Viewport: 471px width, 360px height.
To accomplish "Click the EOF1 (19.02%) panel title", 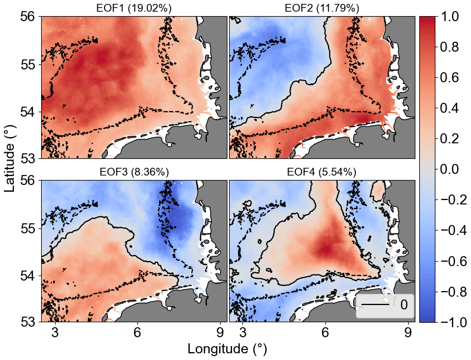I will [135, 8].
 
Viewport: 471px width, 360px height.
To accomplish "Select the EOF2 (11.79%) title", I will [322, 8].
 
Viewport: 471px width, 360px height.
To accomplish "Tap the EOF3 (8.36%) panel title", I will [135, 172].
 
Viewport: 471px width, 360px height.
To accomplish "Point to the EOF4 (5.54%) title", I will [322, 172].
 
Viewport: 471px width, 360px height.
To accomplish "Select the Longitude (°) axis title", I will [227, 349].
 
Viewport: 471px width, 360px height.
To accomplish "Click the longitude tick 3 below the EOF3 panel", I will [56, 333].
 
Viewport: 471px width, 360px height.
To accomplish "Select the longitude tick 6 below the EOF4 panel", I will [325, 333].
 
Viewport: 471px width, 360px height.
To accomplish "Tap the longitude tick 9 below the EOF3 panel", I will [220, 333].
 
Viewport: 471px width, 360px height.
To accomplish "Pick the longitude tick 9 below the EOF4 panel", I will [408, 333].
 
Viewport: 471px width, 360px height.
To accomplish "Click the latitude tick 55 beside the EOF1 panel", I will [29, 64].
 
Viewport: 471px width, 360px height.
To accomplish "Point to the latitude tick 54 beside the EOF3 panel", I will [29, 276].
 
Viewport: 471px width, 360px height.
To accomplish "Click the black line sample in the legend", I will [375, 306].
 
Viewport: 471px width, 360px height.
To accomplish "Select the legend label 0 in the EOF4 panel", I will [404, 306].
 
